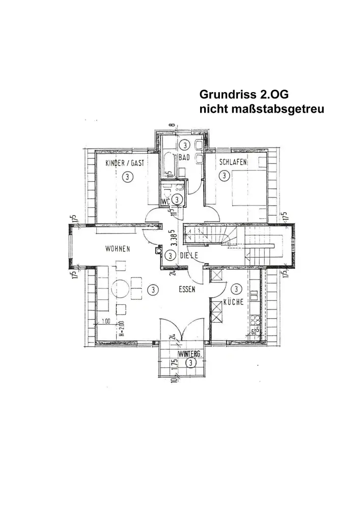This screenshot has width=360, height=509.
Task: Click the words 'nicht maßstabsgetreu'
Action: tap(262, 109)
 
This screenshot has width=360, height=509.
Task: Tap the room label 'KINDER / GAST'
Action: tap(125, 163)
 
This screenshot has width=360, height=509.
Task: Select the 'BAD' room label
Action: tap(184, 158)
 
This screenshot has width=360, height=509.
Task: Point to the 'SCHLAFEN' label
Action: tap(233, 162)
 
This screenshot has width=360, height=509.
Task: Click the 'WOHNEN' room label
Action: tap(118, 249)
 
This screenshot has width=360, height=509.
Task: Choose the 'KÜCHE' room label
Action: tap(232, 302)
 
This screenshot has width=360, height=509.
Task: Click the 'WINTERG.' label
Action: tap(190, 354)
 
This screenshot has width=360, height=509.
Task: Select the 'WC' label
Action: tap(165, 202)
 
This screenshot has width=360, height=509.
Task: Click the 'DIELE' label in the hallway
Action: tap(188, 254)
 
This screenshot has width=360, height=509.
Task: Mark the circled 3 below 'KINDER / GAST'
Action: tap(127, 177)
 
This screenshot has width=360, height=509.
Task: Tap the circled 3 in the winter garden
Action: tap(190, 363)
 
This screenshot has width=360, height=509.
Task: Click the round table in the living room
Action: tap(122, 288)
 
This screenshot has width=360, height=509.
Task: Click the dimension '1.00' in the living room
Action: tap(106, 321)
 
